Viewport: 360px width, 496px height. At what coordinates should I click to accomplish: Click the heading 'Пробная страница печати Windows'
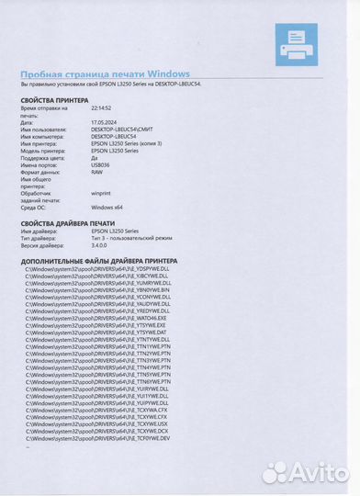click(x=105, y=73)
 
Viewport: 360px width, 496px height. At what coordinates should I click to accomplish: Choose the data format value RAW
click(x=97, y=172)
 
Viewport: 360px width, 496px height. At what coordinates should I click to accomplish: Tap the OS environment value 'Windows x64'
click(x=109, y=208)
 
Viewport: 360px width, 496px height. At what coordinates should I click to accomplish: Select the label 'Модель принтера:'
click(x=45, y=150)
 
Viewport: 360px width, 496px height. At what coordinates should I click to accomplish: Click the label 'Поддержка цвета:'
click(x=45, y=157)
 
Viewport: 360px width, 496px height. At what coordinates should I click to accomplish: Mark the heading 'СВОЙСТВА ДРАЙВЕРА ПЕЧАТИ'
click(x=69, y=222)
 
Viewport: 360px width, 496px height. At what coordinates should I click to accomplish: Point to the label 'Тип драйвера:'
click(x=41, y=239)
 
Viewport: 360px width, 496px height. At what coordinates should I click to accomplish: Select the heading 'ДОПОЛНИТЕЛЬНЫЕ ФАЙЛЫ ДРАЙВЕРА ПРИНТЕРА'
click(x=102, y=261)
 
